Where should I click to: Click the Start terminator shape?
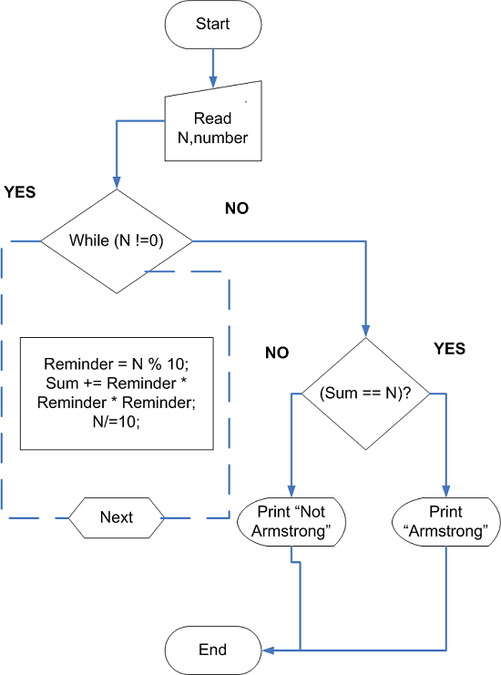click(x=212, y=24)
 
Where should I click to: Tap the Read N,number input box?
click(x=212, y=127)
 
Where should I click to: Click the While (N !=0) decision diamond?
click(x=117, y=241)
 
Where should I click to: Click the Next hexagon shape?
click(x=117, y=517)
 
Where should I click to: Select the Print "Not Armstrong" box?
click(x=291, y=522)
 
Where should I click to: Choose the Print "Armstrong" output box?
click(x=446, y=522)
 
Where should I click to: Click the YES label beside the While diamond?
click(x=21, y=192)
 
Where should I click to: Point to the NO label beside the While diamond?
click(x=237, y=209)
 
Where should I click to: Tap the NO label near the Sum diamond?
click(x=277, y=353)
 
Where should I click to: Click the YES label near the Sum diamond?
click(x=449, y=349)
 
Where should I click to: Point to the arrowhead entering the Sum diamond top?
click(x=366, y=332)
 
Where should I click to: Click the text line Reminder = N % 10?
click(x=116, y=361)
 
